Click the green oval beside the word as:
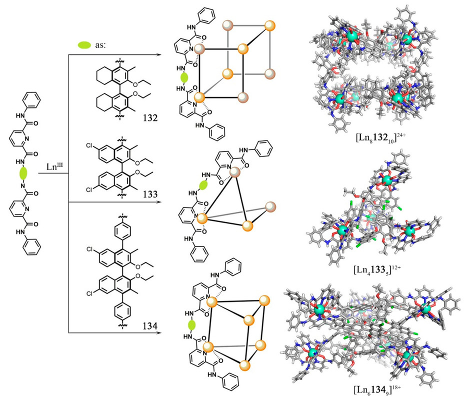(x=84, y=45)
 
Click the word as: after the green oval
(x=100, y=44)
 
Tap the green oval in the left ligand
(x=23, y=173)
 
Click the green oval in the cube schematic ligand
(x=184, y=78)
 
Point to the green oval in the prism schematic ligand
(x=190, y=325)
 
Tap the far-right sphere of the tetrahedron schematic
(x=270, y=206)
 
